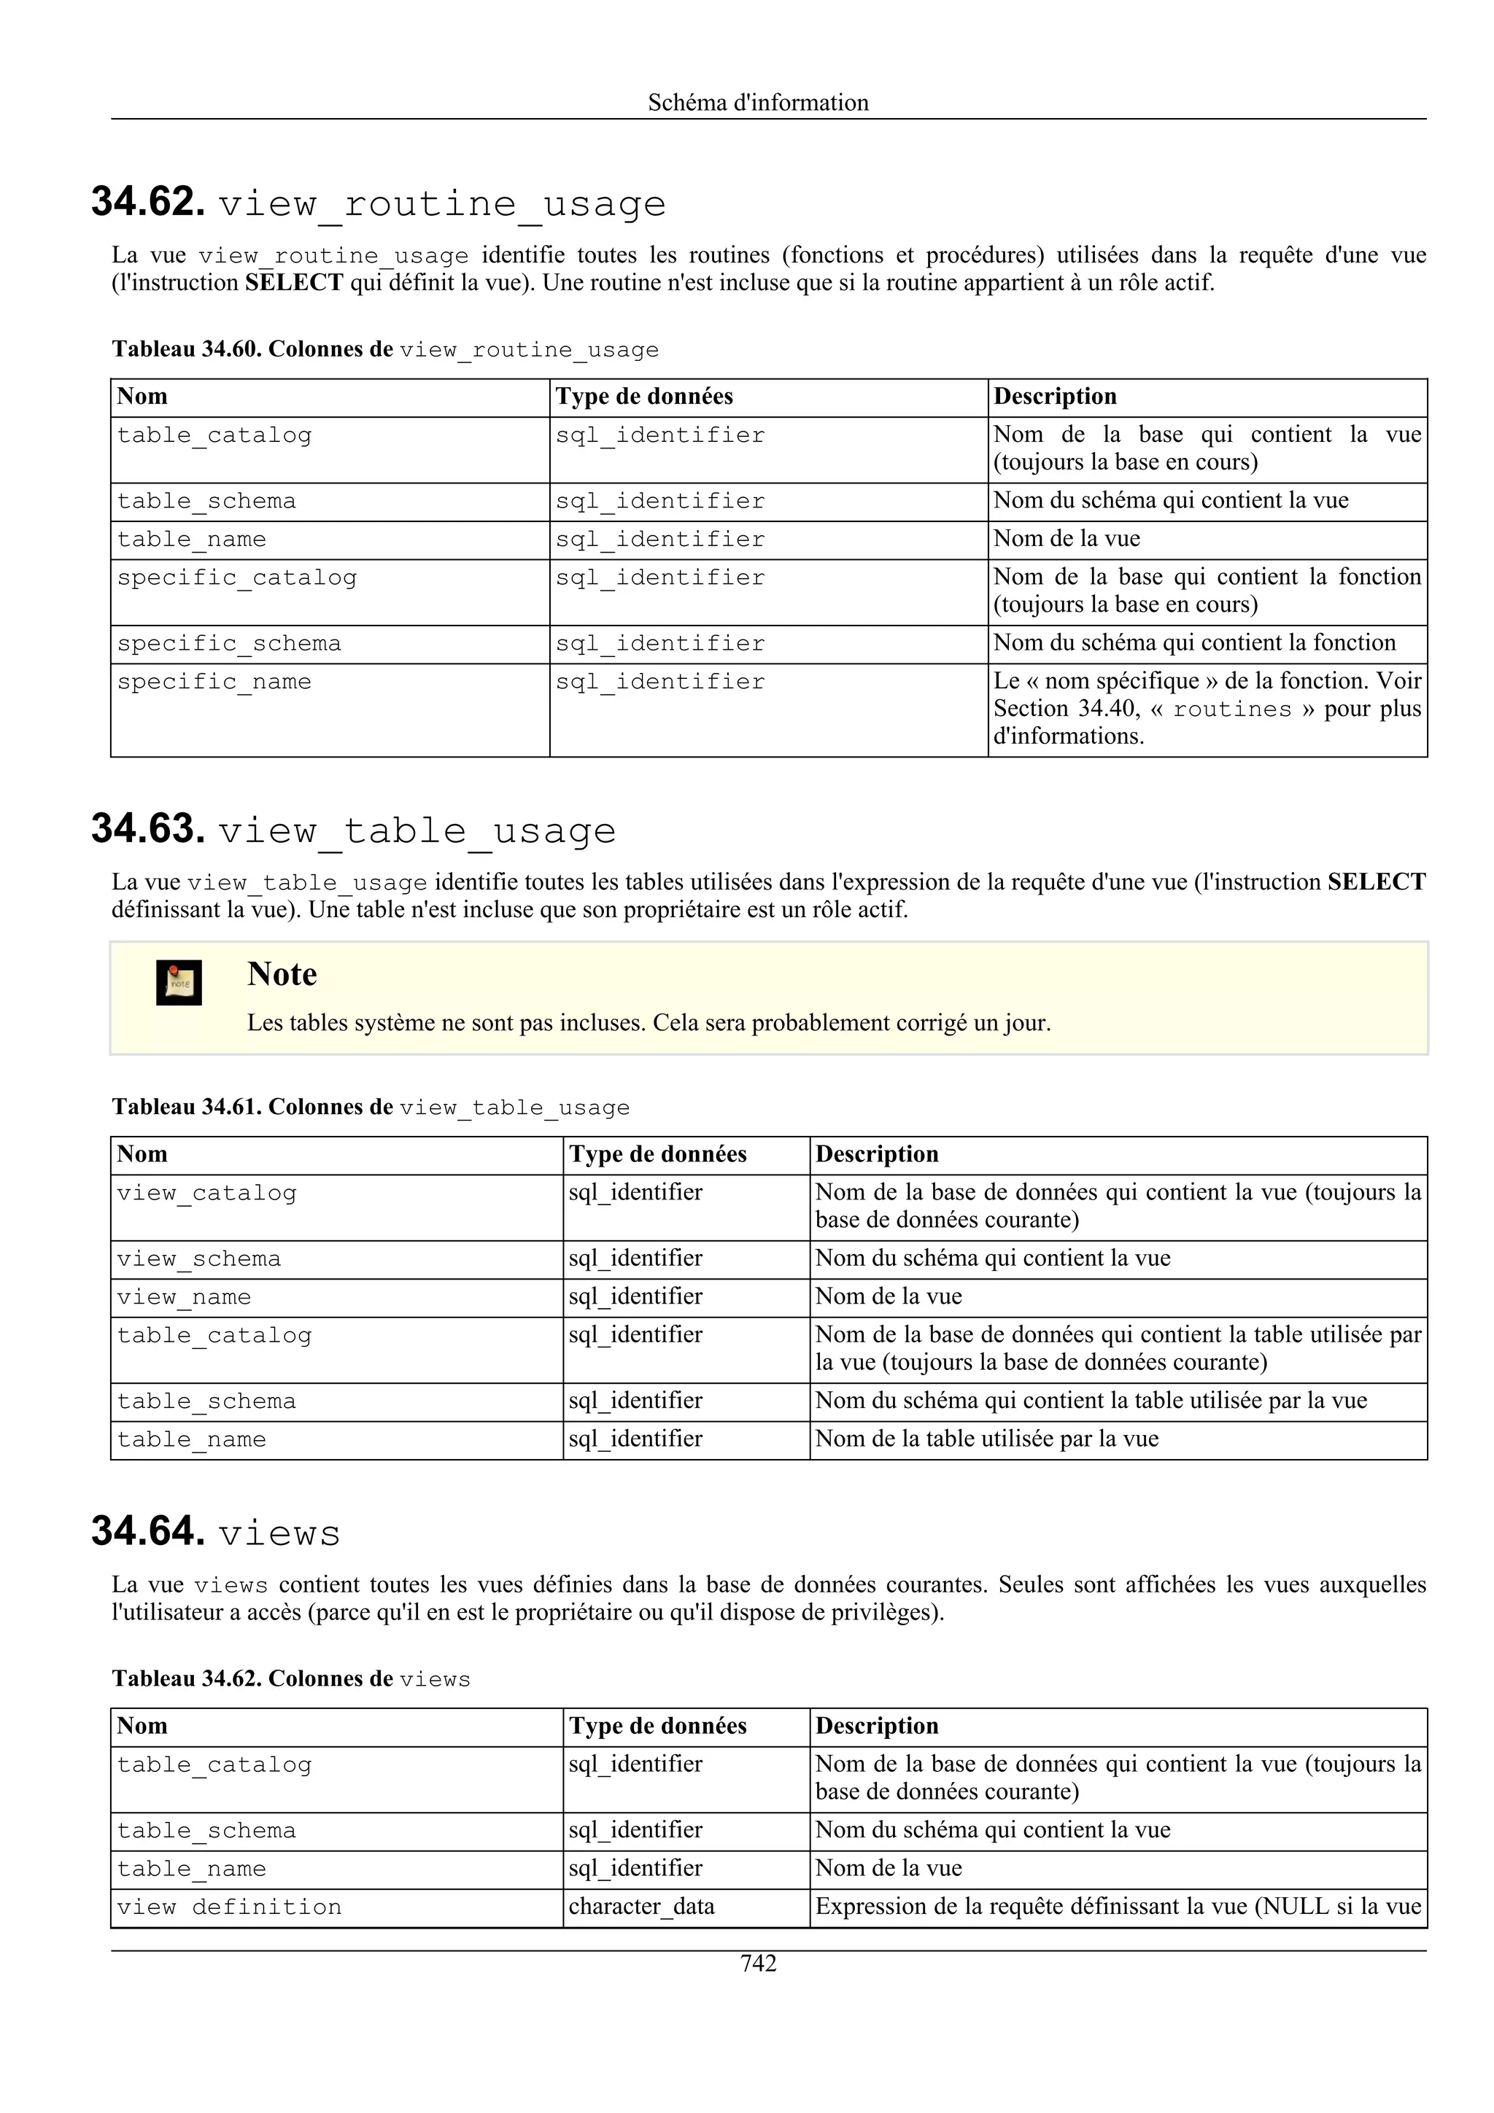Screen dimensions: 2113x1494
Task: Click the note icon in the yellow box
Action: [179, 983]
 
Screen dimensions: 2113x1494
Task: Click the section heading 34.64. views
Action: [217, 1533]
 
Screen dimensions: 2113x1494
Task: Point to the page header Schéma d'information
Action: [758, 102]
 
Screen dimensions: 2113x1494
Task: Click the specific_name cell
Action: [214, 682]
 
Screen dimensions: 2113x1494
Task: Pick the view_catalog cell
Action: [206, 1193]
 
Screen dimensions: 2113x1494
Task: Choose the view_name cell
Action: [183, 1298]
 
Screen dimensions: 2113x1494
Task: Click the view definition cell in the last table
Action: [228, 1907]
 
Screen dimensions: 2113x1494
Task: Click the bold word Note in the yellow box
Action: [282, 973]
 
